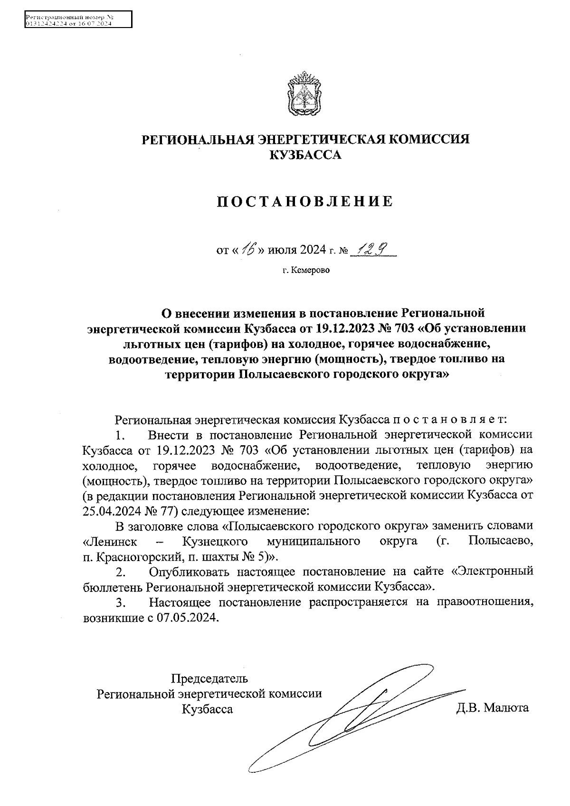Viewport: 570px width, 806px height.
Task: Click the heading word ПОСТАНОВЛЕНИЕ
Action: coord(305,201)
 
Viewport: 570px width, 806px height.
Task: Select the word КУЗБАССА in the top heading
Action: coord(305,155)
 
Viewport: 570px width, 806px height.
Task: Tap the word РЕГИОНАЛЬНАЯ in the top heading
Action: coord(195,140)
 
